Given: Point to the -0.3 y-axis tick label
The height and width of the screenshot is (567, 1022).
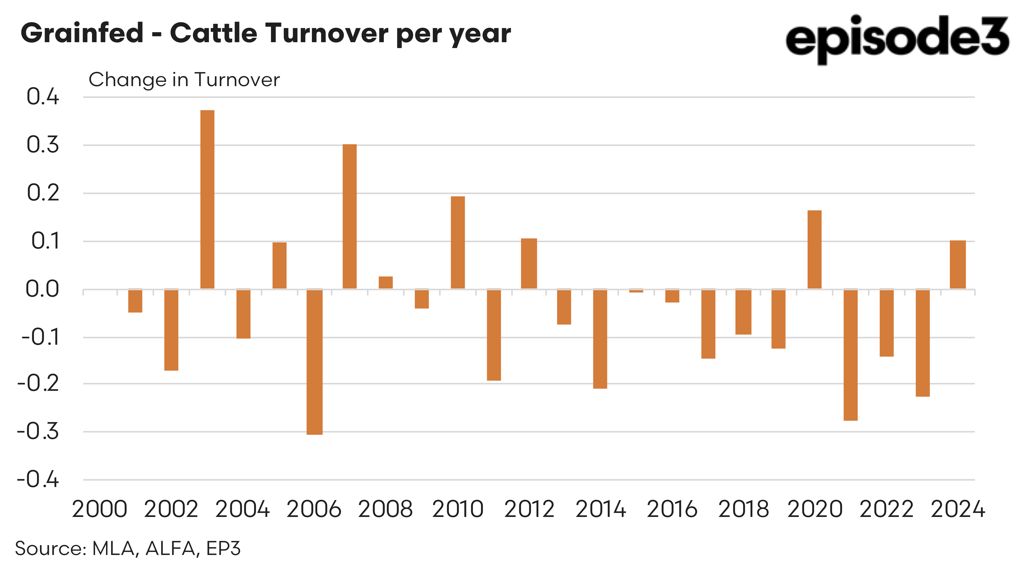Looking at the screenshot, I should tap(38, 431).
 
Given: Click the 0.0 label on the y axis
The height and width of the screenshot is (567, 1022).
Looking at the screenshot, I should tap(42, 289).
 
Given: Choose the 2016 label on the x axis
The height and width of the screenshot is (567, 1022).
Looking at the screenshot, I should tap(672, 509).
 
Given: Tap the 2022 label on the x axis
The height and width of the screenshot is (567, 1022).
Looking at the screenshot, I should tap(886, 509).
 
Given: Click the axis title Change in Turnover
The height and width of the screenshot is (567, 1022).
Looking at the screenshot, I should tap(184, 80).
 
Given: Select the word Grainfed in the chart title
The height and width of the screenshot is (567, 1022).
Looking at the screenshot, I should tap(82, 33).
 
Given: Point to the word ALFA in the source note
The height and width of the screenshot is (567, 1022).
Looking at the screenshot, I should tap(170, 548).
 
